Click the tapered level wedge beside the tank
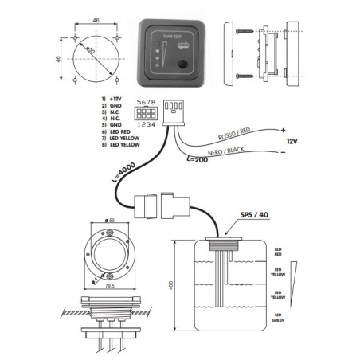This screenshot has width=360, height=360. [296, 276]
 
